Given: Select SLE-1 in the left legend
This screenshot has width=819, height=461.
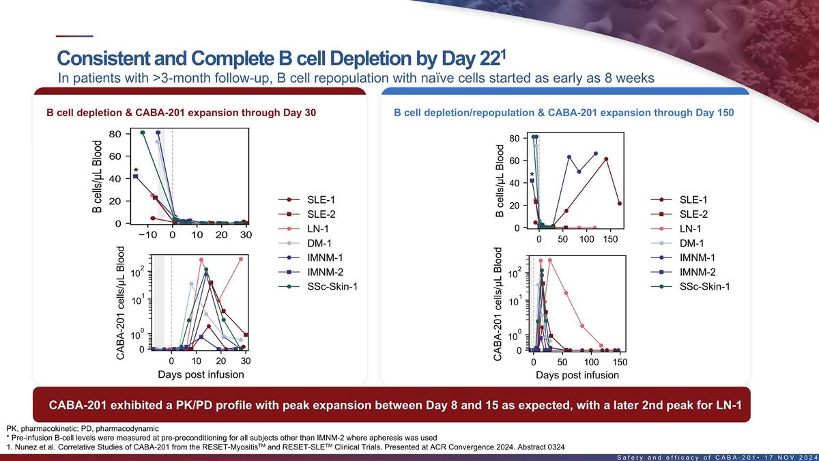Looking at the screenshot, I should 321,199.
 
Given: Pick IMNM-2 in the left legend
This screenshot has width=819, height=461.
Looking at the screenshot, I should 326,272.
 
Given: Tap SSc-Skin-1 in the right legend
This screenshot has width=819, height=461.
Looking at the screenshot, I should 704,286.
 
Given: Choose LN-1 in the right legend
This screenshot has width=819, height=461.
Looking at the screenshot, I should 691,229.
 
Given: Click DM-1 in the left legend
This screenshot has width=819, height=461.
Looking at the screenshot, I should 320,243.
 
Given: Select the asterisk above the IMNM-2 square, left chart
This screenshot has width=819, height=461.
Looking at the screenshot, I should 136,171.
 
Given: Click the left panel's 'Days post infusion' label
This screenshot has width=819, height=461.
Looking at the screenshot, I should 201,374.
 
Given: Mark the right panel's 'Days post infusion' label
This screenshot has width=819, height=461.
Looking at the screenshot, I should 577,375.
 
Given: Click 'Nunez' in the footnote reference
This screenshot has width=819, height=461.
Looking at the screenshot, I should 26,447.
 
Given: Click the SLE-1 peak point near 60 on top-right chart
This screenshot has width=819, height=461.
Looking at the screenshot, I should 606,159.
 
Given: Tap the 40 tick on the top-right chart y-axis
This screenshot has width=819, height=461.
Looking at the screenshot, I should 515,183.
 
